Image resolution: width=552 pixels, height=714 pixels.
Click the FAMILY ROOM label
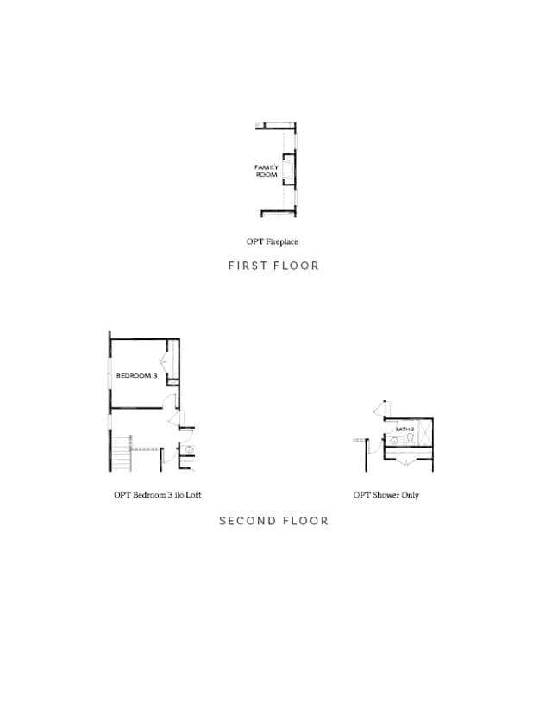(267, 171)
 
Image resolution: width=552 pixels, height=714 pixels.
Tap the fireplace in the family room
(289, 169)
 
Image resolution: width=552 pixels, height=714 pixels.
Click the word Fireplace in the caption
(282, 241)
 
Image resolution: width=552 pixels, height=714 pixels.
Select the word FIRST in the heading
(248, 266)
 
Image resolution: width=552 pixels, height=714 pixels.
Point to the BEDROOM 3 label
(136, 376)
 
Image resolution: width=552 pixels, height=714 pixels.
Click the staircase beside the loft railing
(122, 454)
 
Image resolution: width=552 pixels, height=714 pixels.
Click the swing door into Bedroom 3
(169, 401)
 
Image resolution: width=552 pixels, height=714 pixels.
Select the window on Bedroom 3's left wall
(110, 373)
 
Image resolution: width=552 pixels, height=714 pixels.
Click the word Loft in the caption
(193, 495)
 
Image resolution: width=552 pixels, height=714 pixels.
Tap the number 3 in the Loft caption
(170, 495)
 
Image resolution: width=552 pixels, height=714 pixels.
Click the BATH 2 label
(405, 429)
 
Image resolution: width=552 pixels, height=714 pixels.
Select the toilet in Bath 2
(411, 438)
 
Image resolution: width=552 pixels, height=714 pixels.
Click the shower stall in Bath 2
(424, 432)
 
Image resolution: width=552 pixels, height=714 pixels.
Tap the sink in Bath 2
(394, 441)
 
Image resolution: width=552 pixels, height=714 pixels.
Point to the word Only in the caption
(411, 496)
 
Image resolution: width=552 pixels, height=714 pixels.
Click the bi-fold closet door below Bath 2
(405, 462)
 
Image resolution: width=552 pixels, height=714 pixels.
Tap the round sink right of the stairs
(190, 450)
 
